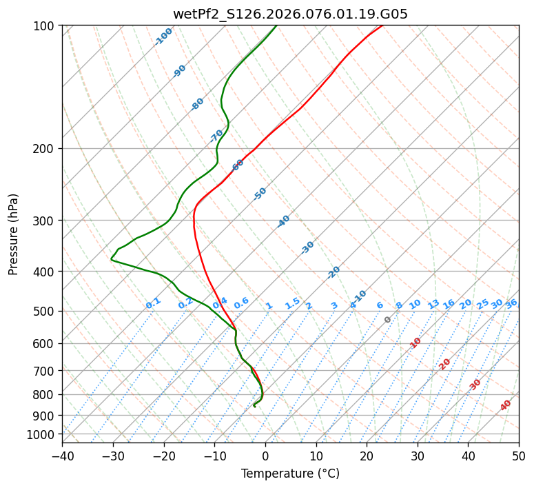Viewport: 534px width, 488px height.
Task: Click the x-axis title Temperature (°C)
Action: pyautogui.click(x=290, y=474)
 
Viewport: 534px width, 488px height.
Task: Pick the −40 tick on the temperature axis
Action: pyautogui.click(x=62, y=456)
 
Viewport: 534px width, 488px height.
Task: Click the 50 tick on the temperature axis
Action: pyautogui.click(x=519, y=456)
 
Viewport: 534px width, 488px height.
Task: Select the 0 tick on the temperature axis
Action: pyautogui.click(x=265, y=456)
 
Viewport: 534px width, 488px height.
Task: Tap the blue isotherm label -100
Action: pyautogui.click(x=163, y=37)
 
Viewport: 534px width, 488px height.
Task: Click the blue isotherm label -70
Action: pyautogui.click(x=216, y=136)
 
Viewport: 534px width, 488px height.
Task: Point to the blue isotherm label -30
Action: pyautogui.click(x=307, y=247)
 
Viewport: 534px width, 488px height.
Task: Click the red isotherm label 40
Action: pyautogui.click(x=506, y=405)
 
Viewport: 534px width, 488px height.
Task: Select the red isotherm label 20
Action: pyautogui.click(x=444, y=364)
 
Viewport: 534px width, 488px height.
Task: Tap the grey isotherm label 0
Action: pyautogui.click(x=388, y=320)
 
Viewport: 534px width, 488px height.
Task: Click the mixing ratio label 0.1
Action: pyautogui.click(x=153, y=303)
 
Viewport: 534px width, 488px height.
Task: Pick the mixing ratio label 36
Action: pyautogui.click(x=511, y=303)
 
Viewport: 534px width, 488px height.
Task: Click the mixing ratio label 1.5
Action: pyautogui.click(x=292, y=303)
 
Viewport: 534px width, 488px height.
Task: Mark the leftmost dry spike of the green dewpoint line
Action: pyautogui.click(x=111, y=259)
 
